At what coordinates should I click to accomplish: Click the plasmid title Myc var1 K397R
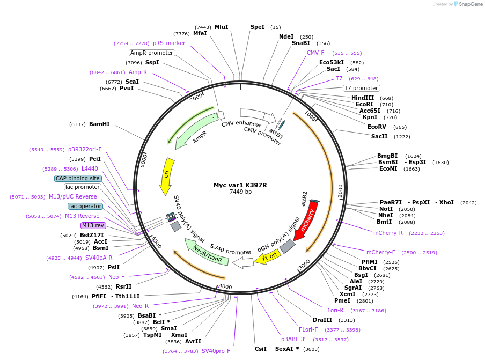click(240, 185)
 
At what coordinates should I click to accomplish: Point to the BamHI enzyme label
click(99, 124)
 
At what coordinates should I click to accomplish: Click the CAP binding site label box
click(77, 178)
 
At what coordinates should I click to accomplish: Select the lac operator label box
click(85, 206)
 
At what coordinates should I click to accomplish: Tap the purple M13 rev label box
click(93, 225)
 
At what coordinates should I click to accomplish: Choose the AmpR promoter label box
click(152, 53)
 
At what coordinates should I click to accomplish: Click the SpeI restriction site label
click(258, 27)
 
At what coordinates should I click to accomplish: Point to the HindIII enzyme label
click(363, 98)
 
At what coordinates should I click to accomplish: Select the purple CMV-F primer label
click(315, 53)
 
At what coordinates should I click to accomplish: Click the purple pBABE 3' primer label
click(293, 339)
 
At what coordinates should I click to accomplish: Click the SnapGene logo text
click(468, 4)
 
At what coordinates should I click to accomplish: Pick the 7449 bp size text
click(240, 192)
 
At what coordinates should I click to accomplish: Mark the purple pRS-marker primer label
click(169, 43)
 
